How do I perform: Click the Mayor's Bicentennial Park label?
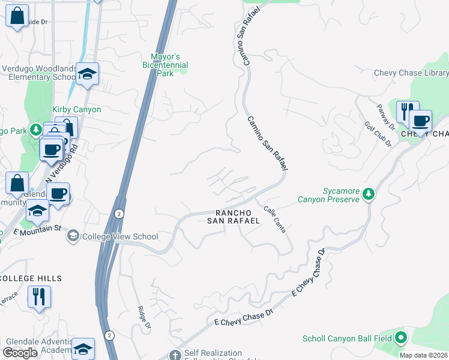[x=165, y=65]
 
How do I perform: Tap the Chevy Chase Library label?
[x=411, y=73]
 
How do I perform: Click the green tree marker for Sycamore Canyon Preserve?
[x=369, y=194]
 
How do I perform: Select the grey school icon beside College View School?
[x=73, y=236]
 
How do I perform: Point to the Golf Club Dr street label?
[x=378, y=134]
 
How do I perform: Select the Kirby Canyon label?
[x=77, y=110]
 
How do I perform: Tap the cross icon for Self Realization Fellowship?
[x=175, y=354]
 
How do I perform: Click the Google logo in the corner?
[x=20, y=353]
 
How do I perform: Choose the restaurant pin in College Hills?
[x=39, y=296]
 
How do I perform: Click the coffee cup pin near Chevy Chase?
[x=420, y=122]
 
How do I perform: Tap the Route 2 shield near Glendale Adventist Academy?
[x=109, y=334]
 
